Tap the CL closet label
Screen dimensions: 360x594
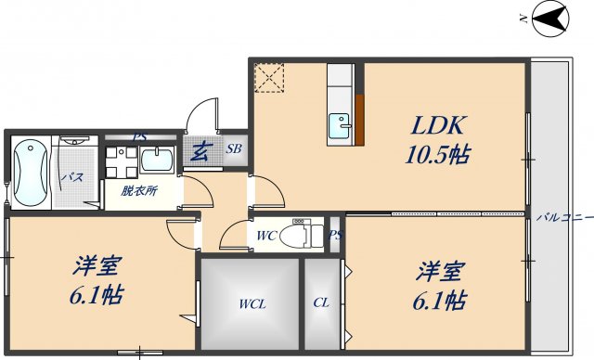(321, 302)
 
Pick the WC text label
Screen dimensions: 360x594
(266, 235)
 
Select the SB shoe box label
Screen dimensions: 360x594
(234, 148)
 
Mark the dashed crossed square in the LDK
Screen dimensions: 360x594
(269, 77)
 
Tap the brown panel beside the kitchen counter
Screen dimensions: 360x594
(358, 122)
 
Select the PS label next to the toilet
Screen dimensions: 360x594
(334, 235)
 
